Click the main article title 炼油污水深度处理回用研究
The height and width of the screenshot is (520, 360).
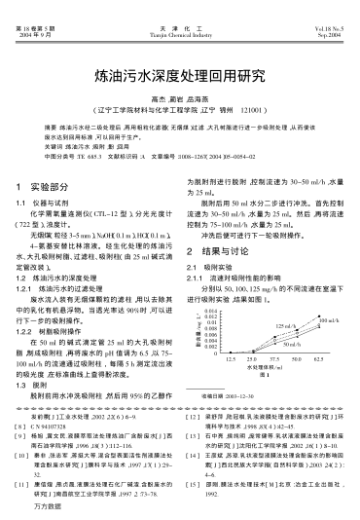pos(180,74)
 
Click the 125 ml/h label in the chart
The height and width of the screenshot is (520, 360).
pos(286,353)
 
